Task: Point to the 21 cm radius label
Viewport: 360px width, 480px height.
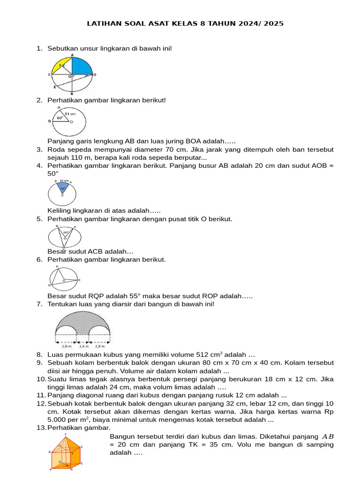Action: pos(70,113)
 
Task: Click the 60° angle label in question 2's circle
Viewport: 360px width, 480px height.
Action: pos(60,118)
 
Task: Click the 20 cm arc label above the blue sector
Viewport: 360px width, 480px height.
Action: pos(64,180)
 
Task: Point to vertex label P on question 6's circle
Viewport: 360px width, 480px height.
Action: pos(57,267)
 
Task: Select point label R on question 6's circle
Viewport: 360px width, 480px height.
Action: pos(79,280)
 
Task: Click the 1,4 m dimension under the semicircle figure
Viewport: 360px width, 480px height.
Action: pos(83,346)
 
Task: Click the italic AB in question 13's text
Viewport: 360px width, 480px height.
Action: pos(328,436)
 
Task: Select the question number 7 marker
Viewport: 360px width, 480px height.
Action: pos(40,304)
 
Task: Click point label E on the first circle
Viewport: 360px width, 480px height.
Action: pos(54,87)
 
